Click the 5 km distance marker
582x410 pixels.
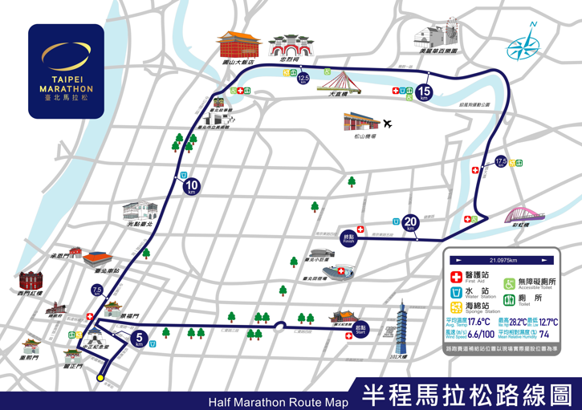(x=140, y=339)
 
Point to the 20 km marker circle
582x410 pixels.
(x=411, y=224)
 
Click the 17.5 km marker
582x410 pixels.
(x=501, y=161)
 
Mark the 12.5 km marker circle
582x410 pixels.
(x=303, y=79)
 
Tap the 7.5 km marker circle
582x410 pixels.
(x=97, y=290)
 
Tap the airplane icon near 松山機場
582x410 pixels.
(x=389, y=124)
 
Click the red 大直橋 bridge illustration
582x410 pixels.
(x=338, y=80)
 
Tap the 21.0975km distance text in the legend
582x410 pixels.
(x=503, y=261)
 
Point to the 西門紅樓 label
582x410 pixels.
(x=34, y=294)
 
